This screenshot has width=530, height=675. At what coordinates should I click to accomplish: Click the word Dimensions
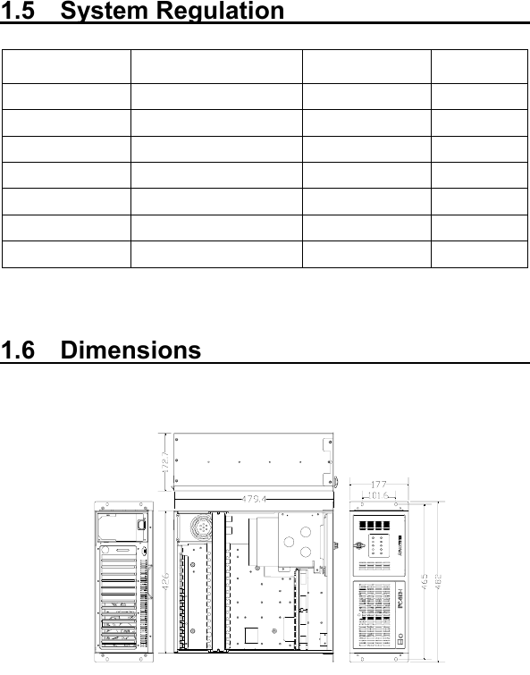131,350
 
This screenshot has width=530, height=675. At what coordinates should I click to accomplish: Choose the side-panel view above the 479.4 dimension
254,462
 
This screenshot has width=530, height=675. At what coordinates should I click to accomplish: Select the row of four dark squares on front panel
378,527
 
